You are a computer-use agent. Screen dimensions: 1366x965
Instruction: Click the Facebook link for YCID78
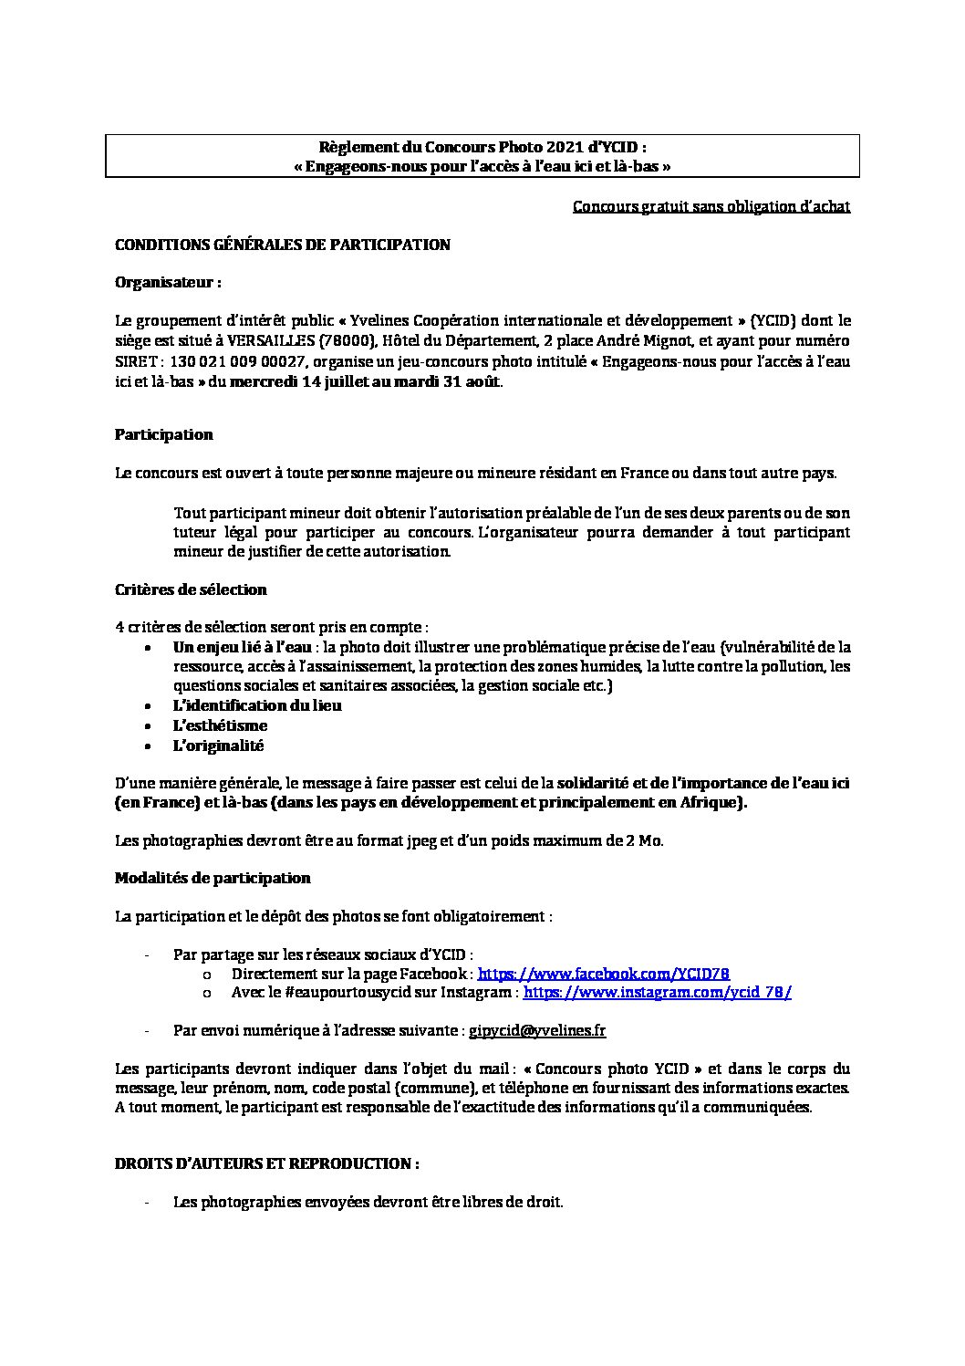pos(603,974)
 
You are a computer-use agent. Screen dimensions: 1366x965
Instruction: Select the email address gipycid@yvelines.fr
pos(537,1030)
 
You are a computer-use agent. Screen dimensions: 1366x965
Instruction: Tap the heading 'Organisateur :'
pos(168,283)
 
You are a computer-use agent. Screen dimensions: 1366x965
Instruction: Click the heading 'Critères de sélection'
pos(191,589)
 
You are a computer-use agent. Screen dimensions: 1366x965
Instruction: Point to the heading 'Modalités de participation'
pos(213,878)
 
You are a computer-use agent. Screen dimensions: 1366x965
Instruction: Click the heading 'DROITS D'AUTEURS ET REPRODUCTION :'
pos(267,1163)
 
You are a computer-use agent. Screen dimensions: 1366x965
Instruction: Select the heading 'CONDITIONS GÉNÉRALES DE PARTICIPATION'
pos(282,245)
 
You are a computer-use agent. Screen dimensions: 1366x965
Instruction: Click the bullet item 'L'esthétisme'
pos(220,725)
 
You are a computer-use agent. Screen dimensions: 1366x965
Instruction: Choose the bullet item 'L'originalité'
pos(218,746)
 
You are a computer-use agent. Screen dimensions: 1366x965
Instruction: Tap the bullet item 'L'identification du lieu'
pos(257,705)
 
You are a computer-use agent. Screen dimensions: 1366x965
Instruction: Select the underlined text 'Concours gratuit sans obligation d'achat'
pos(711,206)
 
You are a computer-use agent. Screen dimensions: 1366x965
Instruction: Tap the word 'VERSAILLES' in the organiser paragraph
pos(269,341)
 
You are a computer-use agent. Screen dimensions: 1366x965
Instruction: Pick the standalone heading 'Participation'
pos(163,434)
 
